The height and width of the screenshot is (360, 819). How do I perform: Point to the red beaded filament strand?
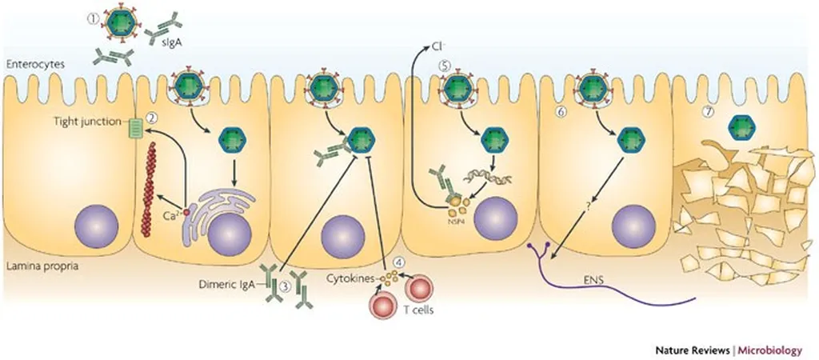tap(149, 187)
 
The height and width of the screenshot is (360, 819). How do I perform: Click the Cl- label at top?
tap(439, 48)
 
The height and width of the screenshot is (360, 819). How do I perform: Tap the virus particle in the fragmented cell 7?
tap(743, 126)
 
